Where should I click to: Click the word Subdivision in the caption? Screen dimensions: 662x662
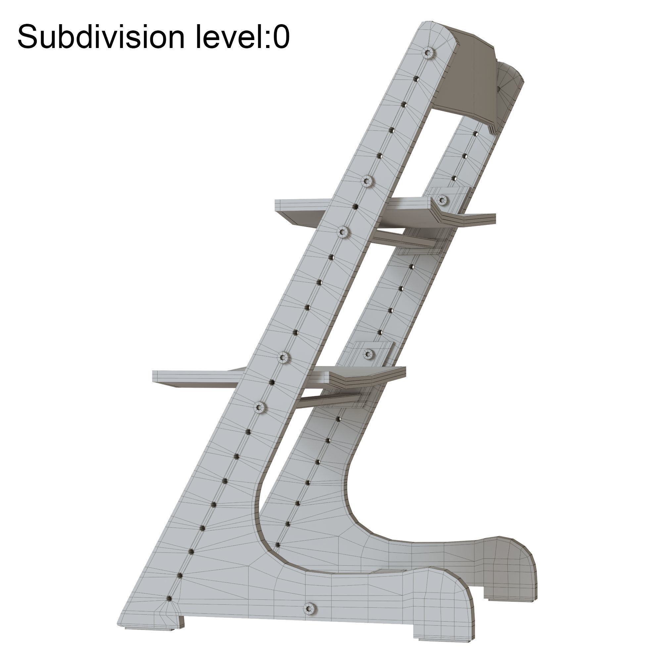[x=101, y=37]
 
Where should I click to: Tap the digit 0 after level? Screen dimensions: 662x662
[x=282, y=37]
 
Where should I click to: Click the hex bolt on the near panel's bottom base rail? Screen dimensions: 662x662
[x=310, y=608]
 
